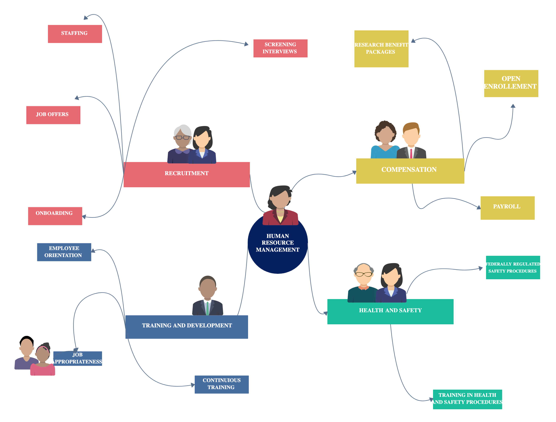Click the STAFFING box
click(x=75, y=34)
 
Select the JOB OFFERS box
click(x=53, y=115)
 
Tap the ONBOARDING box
click(x=55, y=216)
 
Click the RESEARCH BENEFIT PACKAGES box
click(x=381, y=49)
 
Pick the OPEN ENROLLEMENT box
click(x=511, y=83)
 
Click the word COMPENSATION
click(x=409, y=170)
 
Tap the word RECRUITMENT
click(x=187, y=173)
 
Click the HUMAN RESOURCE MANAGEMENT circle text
click(x=277, y=243)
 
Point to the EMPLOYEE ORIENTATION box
click(x=64, y=252)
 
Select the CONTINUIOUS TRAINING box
click(x=221, y=384)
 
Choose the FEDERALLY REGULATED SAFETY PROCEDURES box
click(x=513, y=267)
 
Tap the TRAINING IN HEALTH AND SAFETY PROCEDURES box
click(x=467, y=399)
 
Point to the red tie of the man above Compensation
click(x=411, y=153)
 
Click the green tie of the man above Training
click(x=207, y=308)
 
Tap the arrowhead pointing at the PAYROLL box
click(x=479, y=207)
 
